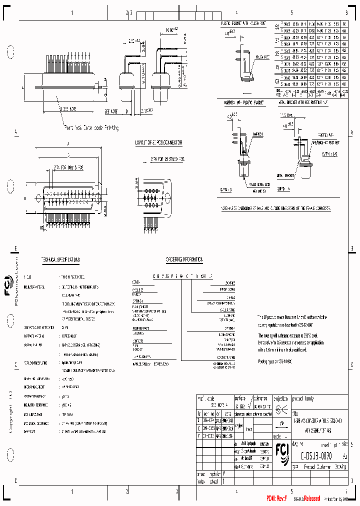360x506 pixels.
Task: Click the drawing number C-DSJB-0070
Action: (x=314, y=456)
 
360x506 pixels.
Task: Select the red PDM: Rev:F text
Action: (x=275, y=499)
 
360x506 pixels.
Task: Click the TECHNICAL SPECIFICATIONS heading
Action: (x=60, y=260)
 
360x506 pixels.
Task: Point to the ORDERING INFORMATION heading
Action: (x=184, y=260)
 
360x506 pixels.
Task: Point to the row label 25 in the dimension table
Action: (x=277, y=53)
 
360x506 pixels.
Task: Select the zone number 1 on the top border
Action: (x=72, y=12)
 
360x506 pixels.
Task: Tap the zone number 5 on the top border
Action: (x=291, y=12)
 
